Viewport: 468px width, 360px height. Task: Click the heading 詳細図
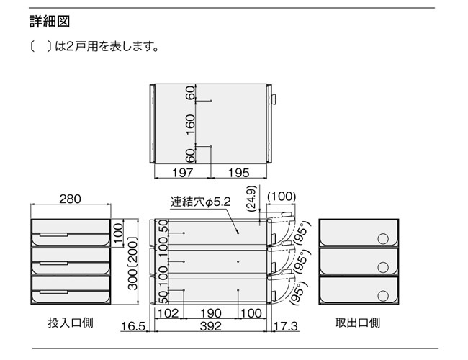[50, 22]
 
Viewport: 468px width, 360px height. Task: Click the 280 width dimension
[70, 199]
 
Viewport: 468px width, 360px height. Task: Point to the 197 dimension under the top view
[183, 173]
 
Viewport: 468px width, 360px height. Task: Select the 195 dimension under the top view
[239, 173]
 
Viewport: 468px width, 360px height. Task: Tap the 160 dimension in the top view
[190, 124]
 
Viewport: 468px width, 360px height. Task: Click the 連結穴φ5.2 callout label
[201, 202]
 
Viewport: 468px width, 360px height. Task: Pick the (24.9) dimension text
[252, 199]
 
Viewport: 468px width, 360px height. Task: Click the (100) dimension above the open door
[282, 197]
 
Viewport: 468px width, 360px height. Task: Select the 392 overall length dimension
[211, 326]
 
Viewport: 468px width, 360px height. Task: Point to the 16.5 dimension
[133, 326]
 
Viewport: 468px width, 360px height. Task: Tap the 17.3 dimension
[286, 326]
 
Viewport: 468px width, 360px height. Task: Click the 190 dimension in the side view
[211, 313]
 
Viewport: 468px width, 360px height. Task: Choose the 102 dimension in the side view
[168, 313]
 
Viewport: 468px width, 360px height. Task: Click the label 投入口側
[71, 323]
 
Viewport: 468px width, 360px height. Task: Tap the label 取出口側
[358, 323]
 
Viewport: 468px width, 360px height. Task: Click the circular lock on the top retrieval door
[383, 239]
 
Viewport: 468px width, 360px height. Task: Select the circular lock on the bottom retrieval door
[383, 296]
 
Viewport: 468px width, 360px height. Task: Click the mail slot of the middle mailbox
[53, 264]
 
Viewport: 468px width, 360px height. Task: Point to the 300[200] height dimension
[132, 264]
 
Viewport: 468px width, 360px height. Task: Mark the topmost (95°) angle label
[302, 233]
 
